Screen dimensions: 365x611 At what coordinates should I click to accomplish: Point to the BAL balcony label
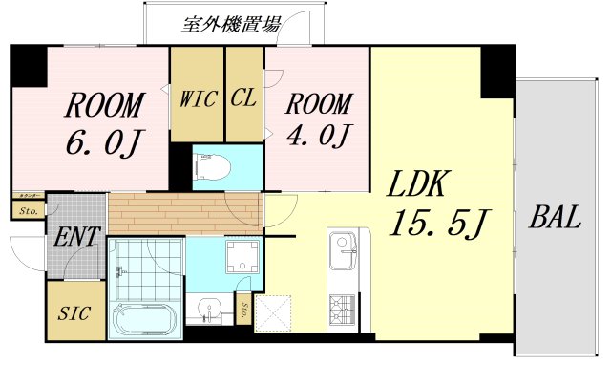[555, 218]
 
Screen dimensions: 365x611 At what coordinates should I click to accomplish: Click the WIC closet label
[197, 97]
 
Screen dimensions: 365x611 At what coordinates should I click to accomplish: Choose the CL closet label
[244, 97]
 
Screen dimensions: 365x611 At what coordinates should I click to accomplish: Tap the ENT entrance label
[77, 236]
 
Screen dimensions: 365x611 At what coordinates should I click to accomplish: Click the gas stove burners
[342, 307]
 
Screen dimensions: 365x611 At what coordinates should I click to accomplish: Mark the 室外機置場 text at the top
[231, 25]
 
